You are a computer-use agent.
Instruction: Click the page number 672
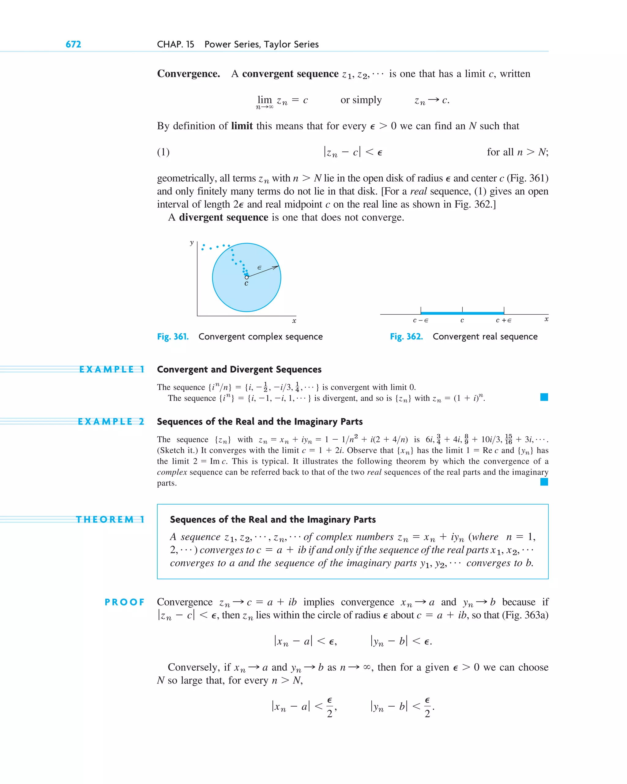(73, 44)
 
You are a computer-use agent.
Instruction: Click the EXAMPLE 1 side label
(112, 369)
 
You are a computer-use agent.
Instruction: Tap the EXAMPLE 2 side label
(111, 422)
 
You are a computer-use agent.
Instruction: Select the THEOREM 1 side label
(110, 519)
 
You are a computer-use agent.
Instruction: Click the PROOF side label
(124, 602)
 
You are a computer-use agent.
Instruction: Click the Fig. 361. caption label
(173, 337)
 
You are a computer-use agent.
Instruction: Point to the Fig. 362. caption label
(406, 337)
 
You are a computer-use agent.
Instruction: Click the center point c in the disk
(246, 277)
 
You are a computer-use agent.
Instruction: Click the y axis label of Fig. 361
(192, 242)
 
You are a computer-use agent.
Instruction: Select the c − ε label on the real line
(420, 320)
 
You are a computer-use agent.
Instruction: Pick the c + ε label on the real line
(504, 320)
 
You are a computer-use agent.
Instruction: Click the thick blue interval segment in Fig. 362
(462, 313)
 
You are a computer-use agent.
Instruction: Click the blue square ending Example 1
(544, 397)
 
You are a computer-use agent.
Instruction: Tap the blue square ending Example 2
(544, 482)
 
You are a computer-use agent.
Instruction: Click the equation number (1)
(163, 152)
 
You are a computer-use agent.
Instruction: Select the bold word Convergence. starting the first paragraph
(188, 74)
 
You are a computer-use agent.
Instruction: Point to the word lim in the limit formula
(265, 99)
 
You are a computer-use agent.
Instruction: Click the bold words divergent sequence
(223, 217)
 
